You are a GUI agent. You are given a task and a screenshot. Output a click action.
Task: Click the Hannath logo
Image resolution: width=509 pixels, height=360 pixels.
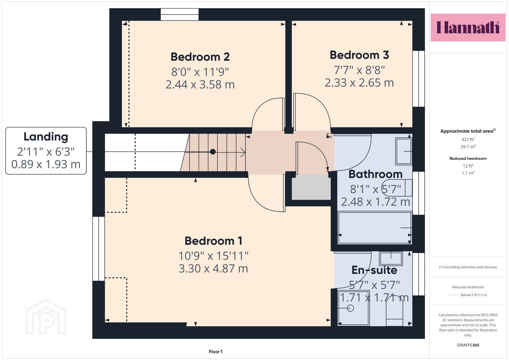click(468, 27)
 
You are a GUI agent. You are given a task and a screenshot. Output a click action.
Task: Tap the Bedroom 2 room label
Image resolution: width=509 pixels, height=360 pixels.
click(200, 57)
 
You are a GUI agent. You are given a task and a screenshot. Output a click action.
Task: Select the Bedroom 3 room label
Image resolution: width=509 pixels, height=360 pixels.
click(359, 55)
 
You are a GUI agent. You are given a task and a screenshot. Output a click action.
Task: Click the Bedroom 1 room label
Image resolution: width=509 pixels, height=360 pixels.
click(213, 241)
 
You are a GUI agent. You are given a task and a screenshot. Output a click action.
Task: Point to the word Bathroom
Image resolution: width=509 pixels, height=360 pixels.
click(375, 174)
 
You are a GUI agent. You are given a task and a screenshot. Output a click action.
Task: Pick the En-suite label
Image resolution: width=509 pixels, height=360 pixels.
click(374, 270)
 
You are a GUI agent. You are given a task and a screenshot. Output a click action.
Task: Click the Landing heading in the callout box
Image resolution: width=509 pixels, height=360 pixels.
click(46, 137)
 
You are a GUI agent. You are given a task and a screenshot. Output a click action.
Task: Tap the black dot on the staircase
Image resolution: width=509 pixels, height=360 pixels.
click(213, 152)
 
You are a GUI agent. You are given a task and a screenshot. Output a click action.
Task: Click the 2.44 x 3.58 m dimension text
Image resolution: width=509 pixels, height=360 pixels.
click(200, 85)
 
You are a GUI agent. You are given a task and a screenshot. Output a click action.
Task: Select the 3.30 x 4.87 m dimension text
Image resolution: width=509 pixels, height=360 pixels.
click(213, 269)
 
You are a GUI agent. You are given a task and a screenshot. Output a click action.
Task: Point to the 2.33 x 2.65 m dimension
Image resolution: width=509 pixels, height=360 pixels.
click(359, 83)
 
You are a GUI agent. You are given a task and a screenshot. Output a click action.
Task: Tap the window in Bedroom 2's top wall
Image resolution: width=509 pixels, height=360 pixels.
click(180, 15)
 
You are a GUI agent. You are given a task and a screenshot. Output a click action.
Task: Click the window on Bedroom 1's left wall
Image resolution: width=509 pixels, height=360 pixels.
click(99, 249)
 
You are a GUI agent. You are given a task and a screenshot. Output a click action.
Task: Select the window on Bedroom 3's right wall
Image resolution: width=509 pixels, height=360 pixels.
click(419, 79)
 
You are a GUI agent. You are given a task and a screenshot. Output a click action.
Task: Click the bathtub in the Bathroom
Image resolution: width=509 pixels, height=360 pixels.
click(375, 228)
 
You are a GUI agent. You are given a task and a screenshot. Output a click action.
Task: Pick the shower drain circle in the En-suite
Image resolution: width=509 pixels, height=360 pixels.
click(350, 308)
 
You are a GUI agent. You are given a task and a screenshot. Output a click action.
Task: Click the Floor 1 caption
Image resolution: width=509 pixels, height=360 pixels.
click(216, 352)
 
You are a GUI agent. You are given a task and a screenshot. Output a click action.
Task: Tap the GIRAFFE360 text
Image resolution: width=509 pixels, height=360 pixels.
click(468, 345)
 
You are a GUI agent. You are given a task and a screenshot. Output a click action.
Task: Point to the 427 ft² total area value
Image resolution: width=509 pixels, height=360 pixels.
click(468, 139)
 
